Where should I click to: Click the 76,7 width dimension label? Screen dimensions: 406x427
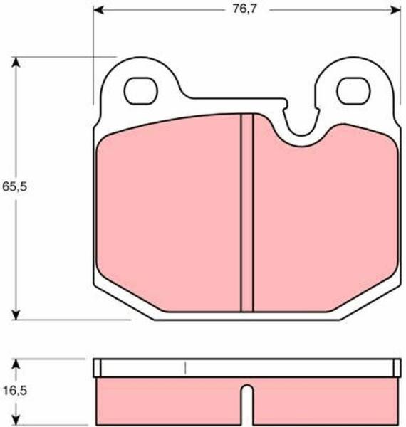tap(244, 9)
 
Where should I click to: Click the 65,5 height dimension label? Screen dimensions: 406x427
tap(15, 186)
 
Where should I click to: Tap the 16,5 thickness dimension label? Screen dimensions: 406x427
tap(15, 391)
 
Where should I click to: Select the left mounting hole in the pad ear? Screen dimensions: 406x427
tap(141, 90)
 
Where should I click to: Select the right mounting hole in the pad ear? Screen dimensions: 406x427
tap(353, 90)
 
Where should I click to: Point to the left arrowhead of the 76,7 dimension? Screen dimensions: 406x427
tap(98, 10)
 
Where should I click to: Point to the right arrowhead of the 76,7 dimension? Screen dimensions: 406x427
tap(395, 10)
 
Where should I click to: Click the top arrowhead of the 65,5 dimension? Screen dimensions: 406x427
tap(16, 62)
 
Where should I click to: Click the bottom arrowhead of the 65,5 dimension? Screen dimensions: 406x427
tap(16, 315)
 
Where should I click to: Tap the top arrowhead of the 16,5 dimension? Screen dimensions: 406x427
tap(16, 364)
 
